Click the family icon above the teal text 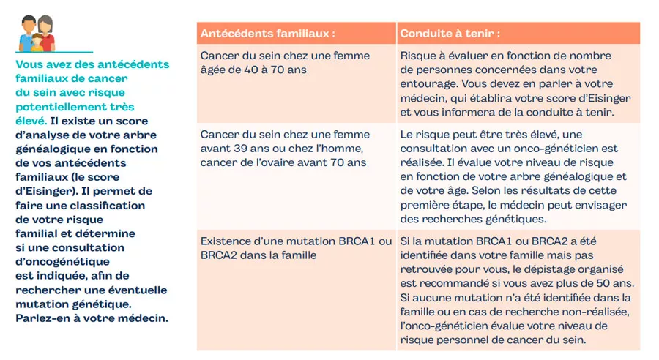pyautogui.click(x=37, y=33)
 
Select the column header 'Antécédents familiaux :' pyautogui.click(x=268, y=34)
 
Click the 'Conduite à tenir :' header pyautogui.click(x=450, y=34)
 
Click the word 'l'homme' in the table pyautogui.click(x=328, y=149)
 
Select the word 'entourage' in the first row pyautogui.click(x=429, y=83)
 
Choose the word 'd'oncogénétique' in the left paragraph pyautogui.click(x=62, y=261)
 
